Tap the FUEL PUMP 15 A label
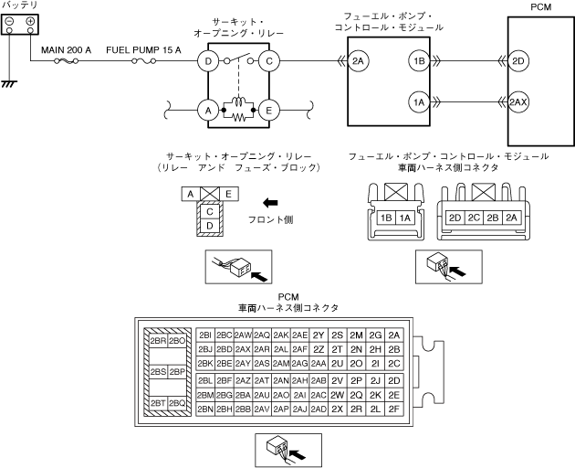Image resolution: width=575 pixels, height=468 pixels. click(143, 50)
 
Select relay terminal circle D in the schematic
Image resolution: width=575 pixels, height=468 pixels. click(209, 62)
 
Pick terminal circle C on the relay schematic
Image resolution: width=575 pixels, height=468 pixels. click(269, 62)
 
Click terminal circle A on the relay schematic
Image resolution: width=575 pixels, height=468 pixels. click(209, 109)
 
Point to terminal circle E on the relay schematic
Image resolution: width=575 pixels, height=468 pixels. click(269, 109)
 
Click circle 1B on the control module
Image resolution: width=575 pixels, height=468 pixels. click(419, 62)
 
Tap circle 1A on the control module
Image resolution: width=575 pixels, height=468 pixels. click(419, 101)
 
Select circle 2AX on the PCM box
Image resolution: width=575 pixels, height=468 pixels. click(519, 101)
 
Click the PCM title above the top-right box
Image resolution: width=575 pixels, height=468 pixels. click(540, 6)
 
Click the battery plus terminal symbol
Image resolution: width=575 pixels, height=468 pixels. click(30, 21)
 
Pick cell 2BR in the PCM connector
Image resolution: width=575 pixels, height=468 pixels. click(157, 341)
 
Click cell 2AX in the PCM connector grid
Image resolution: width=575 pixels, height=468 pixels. click(243, 349)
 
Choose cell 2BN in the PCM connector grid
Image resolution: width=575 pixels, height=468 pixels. click(204, 409)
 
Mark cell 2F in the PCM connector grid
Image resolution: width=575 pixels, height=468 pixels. click(394, 409)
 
